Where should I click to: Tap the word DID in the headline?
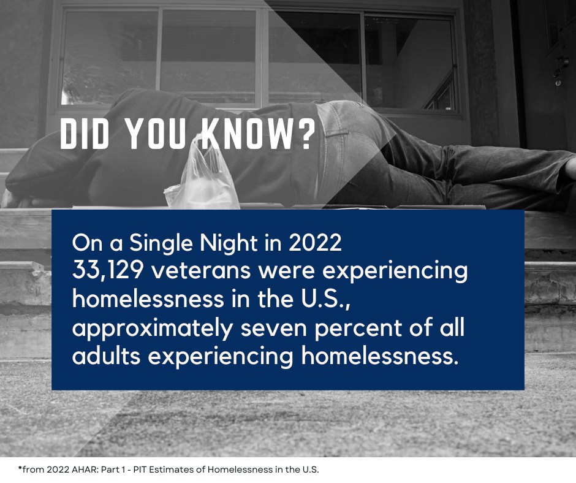tap(85, 134)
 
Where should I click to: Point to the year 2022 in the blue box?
tap(315, 243)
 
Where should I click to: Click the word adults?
tap(107, 356)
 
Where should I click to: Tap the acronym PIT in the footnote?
tap(140, 470)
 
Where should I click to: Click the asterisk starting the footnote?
tap(20, 468)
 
